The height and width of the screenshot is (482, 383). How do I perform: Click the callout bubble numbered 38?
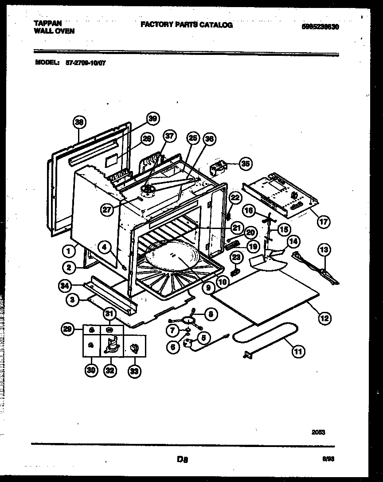pyautogui.click(x=79, y=121)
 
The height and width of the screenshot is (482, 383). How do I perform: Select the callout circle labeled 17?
pyautogui.click(x=324, y=222)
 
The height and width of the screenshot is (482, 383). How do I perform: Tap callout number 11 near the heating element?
pyautogui.click(x=297, y=352)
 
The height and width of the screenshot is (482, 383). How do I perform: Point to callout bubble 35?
pyautogui.click(x=244, y=163)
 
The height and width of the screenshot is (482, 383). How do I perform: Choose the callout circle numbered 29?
pyautogui.click(x=66, y=329)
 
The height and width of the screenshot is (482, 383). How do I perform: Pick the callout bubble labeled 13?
pyautogui.click(x=324, y=250)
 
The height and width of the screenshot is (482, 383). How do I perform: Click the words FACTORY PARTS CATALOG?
pyautogui.click(x=186, y=25)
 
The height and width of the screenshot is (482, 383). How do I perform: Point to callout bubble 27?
pyautogui.click(x=107, y=210)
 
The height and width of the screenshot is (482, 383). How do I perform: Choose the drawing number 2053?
pyautogui.click(x=318, y=432)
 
